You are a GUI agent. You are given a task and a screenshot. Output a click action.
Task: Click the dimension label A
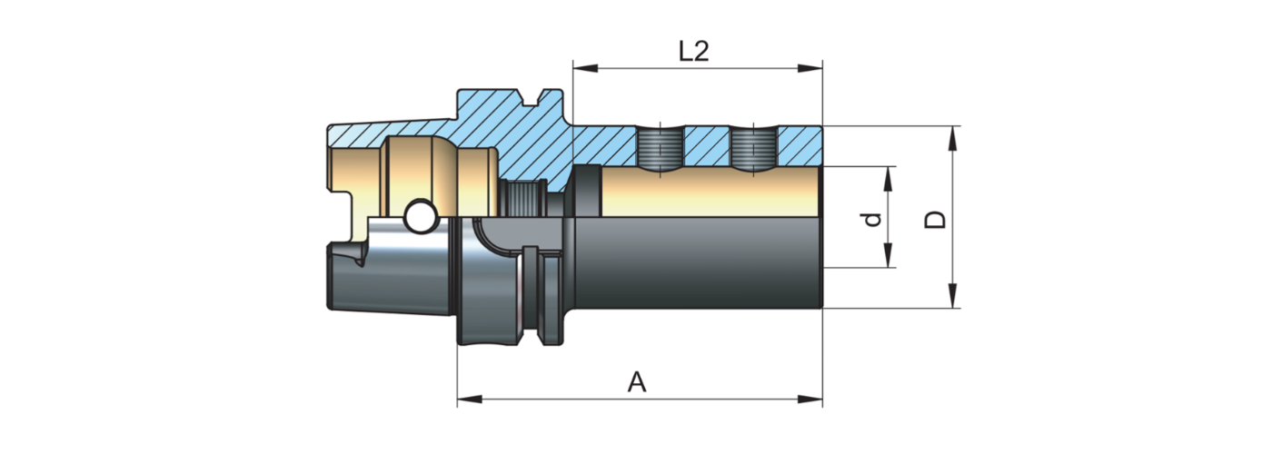(638, 383)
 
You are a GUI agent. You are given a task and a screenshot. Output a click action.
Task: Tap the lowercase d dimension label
(873, 219)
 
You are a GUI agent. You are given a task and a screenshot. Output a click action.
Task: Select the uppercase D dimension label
(935, 219)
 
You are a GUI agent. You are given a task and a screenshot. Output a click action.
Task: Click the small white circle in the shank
(420, 217)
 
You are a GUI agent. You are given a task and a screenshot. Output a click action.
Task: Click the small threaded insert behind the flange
(522, 198)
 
